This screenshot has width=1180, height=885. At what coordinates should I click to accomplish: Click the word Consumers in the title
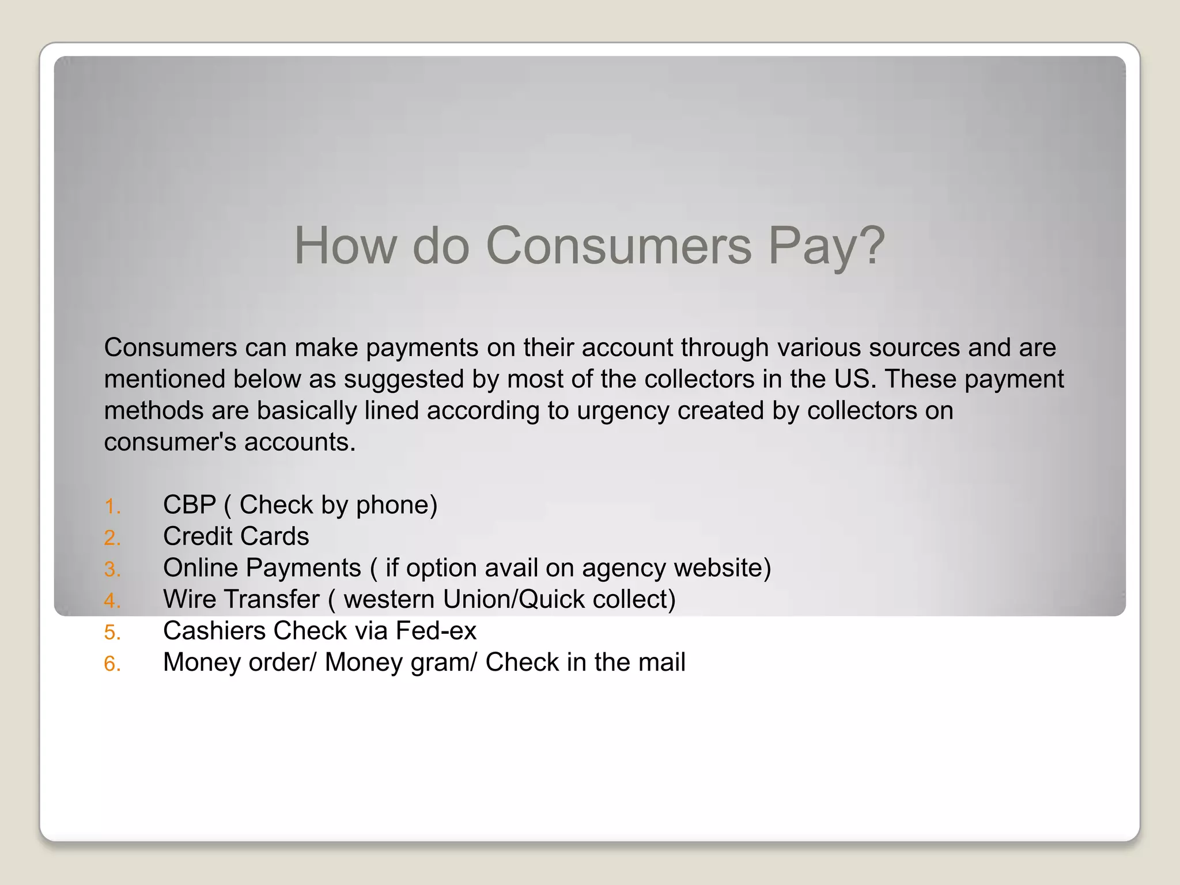click(619, 246)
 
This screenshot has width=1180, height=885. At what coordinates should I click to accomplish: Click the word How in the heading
click(345, 246)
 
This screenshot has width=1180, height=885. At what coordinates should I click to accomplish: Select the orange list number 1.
click(112, 507)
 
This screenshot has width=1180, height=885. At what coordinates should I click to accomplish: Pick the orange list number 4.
click(112, 602)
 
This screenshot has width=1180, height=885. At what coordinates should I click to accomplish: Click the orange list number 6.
click(112, 664)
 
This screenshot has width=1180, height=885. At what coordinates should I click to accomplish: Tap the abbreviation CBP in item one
click(189, 505)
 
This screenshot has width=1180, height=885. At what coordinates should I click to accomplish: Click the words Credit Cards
click(236, 536)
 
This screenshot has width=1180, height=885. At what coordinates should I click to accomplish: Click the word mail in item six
click(662, 662)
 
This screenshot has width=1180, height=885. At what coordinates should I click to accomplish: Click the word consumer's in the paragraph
click(170, 442)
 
